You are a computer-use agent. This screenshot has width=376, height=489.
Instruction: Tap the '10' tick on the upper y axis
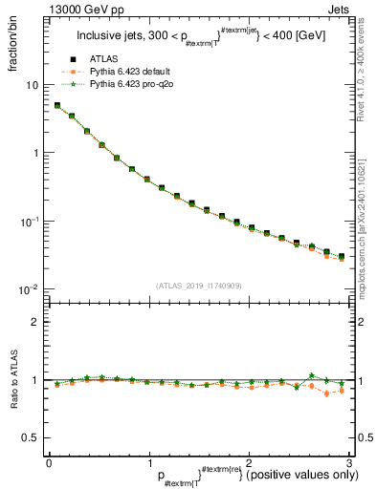click(32, 85)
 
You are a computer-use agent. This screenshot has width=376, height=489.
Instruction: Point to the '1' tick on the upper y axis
click(35, 153)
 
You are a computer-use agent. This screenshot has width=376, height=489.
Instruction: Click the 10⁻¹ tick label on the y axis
click(29, 221)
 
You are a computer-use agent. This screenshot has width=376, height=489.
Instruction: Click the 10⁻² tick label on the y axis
click(29, 289)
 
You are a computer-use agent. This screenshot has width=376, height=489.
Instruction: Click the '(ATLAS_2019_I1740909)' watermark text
click(197, 286)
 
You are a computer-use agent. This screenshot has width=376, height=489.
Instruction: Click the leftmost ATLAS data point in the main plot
click(57, 106)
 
